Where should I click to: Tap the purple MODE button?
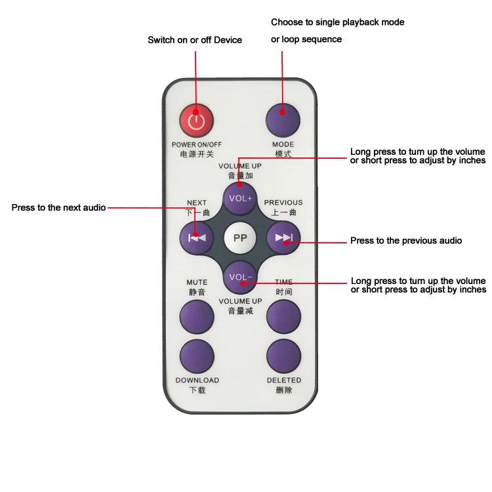pyautogui.click(x=283, y=119)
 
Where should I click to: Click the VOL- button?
pyautogui.click(x=240, y=277)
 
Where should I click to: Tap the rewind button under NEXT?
pyautogui.click(x=197, y=237)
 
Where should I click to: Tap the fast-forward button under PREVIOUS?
pyautogui.click(x=283, y=237)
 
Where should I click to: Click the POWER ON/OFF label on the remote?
pyautogui.click(x=197, y=144)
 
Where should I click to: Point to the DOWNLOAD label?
pyautogui.click(x=197, y=380)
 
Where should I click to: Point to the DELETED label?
pyautogui.click(x=283, y=380)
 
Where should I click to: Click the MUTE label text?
pyautogui.click(x=197, y=282)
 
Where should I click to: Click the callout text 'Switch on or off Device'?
pyautogui.click(x=195, y=40)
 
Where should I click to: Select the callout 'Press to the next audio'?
pyautogui.click(x=58, y=208)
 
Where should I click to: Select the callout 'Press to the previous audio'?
pyautogui.click(x=406, y=241)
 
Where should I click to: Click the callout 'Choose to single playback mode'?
pyautogui.click(x=338, y=22)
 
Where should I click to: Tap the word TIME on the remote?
pyautogui.click(x=284, y=282)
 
